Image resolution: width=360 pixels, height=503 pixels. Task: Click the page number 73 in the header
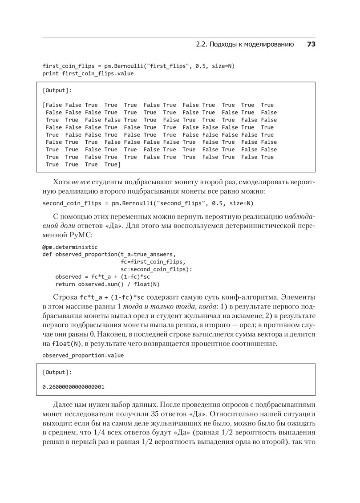point(311,45)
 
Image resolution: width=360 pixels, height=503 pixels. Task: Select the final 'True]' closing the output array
point(113,165)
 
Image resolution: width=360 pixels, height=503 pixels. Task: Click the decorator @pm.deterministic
point(70,246)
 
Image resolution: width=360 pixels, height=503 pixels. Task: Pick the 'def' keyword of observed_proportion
point(47,254)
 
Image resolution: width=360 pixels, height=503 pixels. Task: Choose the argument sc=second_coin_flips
point(153,269)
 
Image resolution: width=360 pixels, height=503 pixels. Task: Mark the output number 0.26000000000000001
point(73,386)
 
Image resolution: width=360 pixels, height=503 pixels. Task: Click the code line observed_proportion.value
point(83,355)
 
